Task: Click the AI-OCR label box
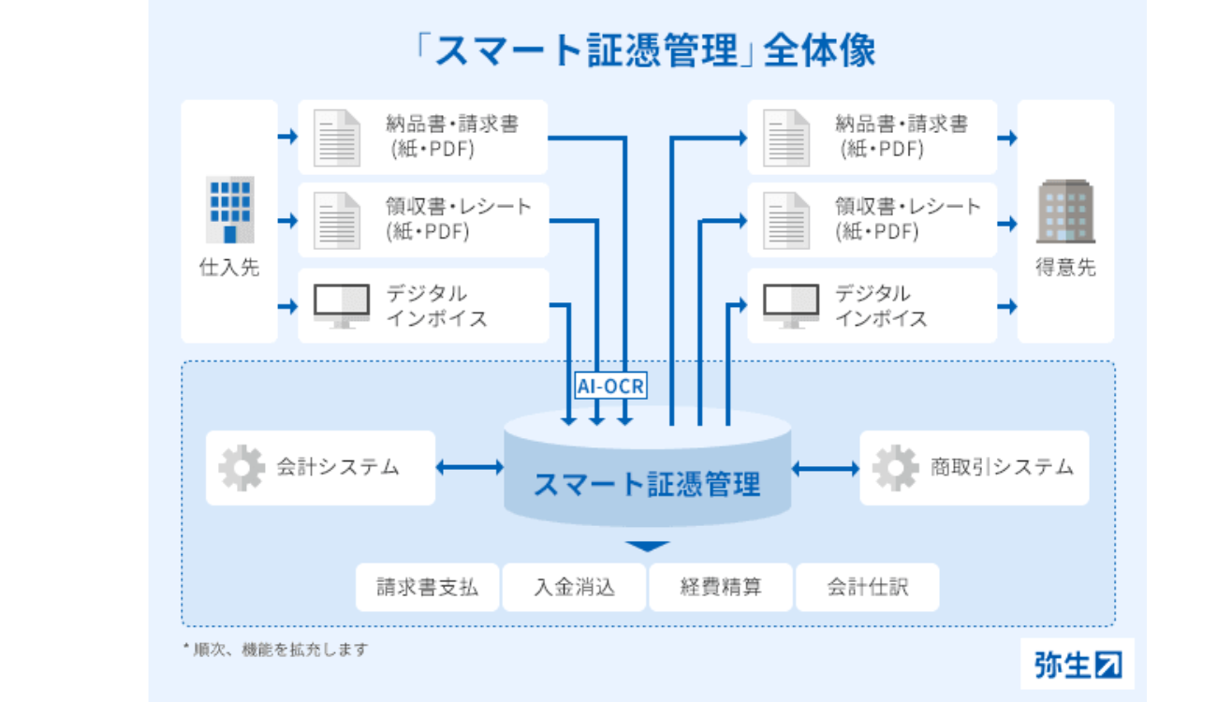coord(610,386)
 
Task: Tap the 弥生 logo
coord(1077,664)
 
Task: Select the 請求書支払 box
coord(428,588)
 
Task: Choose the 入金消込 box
coord(574,588)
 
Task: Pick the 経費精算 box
coord(721,588)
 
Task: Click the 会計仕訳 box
coord(867,588)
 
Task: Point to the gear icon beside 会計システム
coord(242,468)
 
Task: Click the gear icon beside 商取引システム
coord(895,468)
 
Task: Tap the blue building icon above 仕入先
coord(229,210)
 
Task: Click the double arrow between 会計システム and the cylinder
coord(470,467)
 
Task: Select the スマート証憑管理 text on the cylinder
coord(647,484)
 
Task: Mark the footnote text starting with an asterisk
coord(275,649)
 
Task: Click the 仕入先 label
coord(229,268)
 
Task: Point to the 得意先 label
coord(1065,268)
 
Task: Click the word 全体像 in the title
coord(820,51)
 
